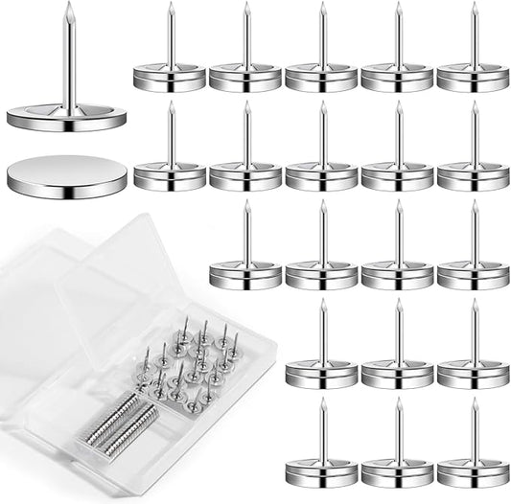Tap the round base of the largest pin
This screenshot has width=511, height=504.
tap(66, 118)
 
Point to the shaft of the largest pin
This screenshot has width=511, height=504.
tap(68, 57)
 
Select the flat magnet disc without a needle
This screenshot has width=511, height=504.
tap(66, 176)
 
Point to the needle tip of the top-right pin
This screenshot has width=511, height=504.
tap(474, 5)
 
